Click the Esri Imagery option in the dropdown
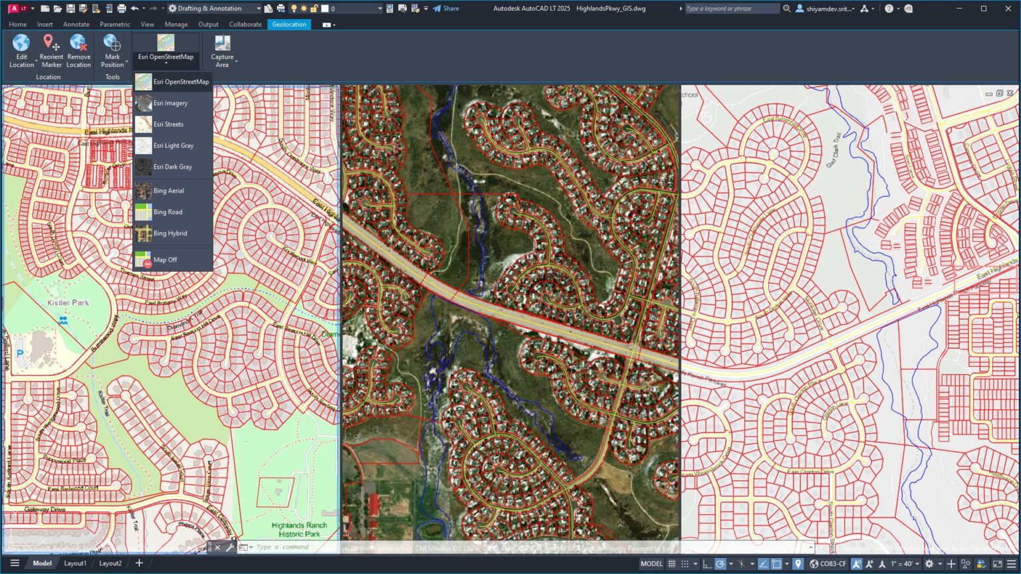(x=171, y=103)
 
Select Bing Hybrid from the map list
(x=170, y=233)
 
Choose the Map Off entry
(x=165, y=260)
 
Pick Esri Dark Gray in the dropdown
(x=172, y=167)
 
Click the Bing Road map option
(x=168, y=212)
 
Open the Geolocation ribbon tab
(x=289, y=25)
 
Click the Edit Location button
(x=21, y=51)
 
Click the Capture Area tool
(x=222, y=51)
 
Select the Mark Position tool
(x=112, y=51)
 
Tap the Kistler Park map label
(x=68, y=303)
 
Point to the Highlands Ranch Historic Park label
(x=299, y=529)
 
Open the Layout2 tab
(x=110, y=563)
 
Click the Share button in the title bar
(x=446, y=9)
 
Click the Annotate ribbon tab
(x=76, y=25)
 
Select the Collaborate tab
(x=245, y=25)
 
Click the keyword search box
(x=731, y=9)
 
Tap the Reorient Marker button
(x=51, y=51)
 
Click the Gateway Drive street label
(x=45, y=510)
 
